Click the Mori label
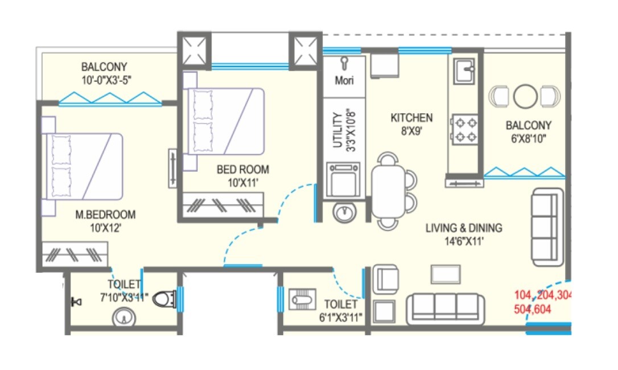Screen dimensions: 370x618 tap(344, 80)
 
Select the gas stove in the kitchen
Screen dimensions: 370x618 tap(464, 129)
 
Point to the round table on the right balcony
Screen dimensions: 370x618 tap(525, 96)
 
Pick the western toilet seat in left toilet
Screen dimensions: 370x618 tap(165, 299)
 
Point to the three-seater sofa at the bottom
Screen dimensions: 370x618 tap(445, 309)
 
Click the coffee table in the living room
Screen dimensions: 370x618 tap(445, 274)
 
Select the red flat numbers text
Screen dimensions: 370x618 tap(541, 302)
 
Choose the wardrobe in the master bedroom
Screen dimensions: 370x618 tap(75, 252)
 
